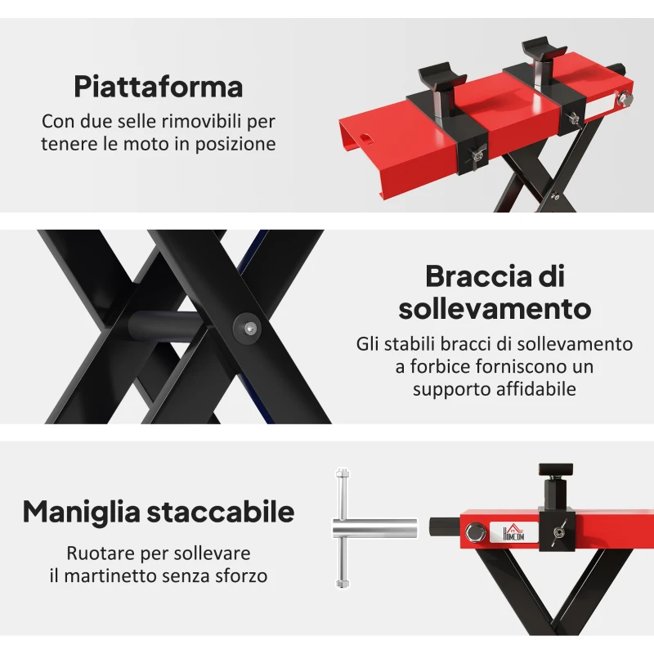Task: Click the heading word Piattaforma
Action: click(x=159, y=86)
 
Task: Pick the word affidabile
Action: click(x=535, y=389)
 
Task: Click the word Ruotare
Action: click(x=102, y=553)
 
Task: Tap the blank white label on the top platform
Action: click(x=603, y=106)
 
